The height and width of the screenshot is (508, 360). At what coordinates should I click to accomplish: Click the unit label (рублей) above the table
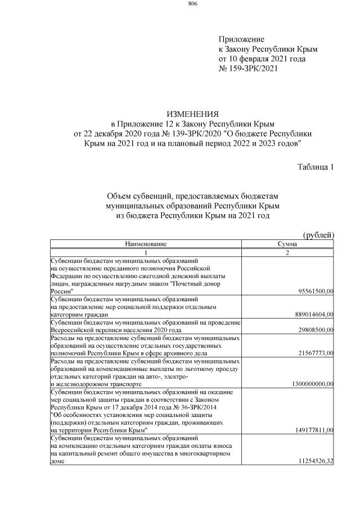[318, 234]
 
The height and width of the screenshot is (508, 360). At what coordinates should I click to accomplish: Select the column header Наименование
[146, 244]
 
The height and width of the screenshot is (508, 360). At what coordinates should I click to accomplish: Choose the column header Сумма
[287, 244]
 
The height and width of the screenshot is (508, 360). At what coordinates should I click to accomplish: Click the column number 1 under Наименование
[146, 252]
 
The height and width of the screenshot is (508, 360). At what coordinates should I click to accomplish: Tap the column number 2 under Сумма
[287, 252]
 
